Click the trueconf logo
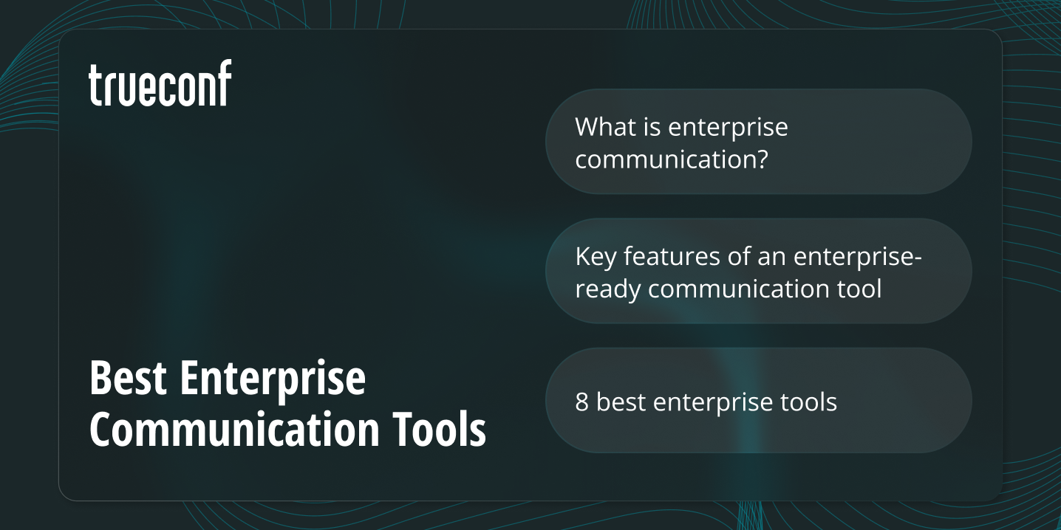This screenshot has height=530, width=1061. (160, 83)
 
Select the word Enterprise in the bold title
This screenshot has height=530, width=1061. (273, 380)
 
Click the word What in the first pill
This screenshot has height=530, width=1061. (605, 127)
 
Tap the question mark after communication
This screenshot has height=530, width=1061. (760, 159)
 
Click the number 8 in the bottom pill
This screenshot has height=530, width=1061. (582, 402)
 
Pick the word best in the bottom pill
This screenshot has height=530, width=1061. (621, 402)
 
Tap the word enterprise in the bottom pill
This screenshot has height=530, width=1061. (714, 403)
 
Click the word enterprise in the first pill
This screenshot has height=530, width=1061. (728, 128)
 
